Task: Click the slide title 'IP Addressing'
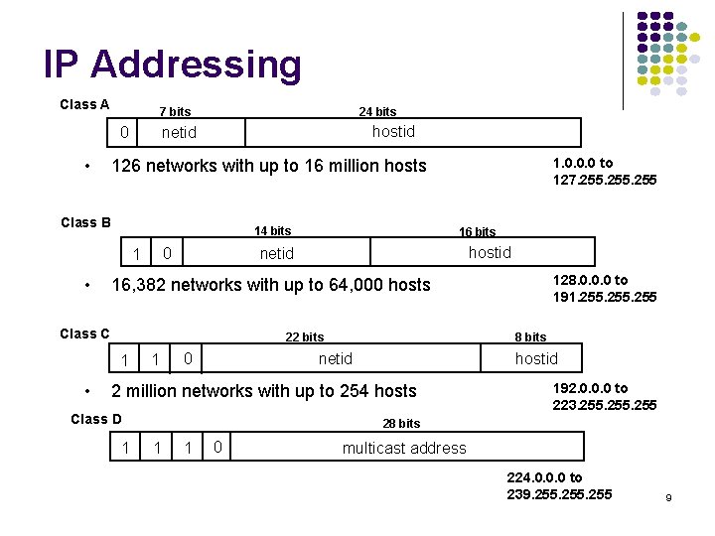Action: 172,65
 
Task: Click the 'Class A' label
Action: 84,104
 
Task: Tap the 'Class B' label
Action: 85,222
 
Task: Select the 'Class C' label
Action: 84,334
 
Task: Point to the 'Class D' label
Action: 96,419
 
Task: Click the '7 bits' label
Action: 174,112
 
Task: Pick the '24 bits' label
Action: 377,112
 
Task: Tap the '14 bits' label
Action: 272,231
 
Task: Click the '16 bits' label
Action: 477,232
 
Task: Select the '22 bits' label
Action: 304,337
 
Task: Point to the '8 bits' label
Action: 530,337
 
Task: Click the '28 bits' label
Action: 401,424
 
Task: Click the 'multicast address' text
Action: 403,449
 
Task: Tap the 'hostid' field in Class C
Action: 536,358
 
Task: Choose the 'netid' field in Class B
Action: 276,253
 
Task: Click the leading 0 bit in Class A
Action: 123,132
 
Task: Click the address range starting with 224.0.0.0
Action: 559,485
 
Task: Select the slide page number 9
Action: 669,496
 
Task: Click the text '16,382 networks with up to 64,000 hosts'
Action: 271,285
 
